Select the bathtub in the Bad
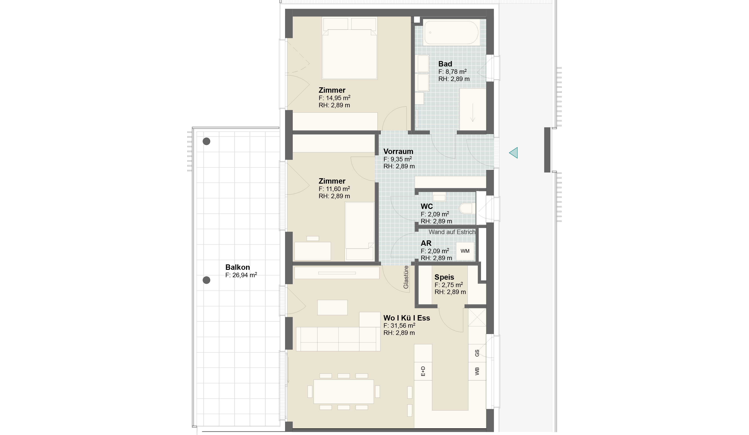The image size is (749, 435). pyautogui.click(x=451, y=32)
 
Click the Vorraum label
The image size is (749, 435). pyautogui.click(x=398, y=152)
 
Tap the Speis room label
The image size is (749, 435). pyautogui.click(x=444, y=277)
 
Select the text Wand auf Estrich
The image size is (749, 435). pyautogui.click(x=452, y=232)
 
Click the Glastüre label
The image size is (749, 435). pyautogui.click(x=406, y=277)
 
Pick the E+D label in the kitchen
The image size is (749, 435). pyautogui.click(x=423, y=371)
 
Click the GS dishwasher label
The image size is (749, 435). pyautogui.click(x=477, y=353)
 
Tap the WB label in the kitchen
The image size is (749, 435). pyautogui.click(x=477, y=371)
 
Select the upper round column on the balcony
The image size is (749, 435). pyautogui.click(x=206, y=141)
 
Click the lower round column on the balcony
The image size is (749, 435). pyautogui.click(x=206, y=280)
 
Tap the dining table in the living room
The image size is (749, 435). pyautogui.click(x=343, y=391)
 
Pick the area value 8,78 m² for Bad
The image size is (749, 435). pyautogui.click(x=452, y=72)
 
